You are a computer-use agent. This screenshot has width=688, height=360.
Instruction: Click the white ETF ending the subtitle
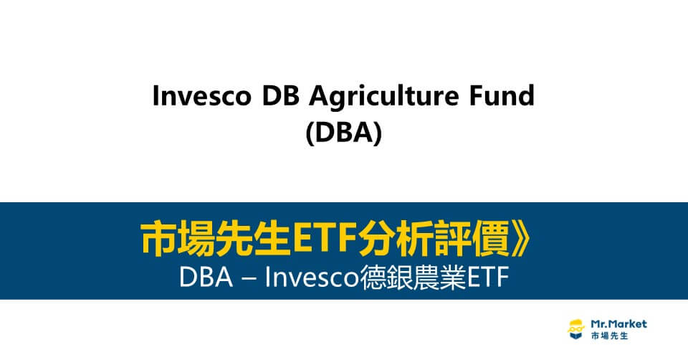487,278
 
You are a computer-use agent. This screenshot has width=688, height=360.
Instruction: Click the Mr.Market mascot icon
575,329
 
